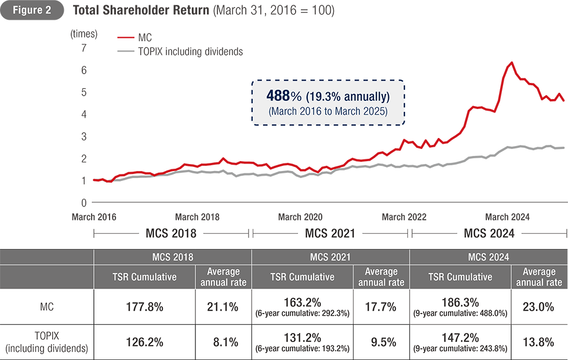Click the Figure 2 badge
(32, 11)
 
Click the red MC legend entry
(144, 39)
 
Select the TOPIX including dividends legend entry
(191, 52)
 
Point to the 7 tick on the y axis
(83, 48)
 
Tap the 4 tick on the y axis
(83, 114)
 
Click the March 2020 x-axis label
(300, 217)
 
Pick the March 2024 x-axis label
(508, 217)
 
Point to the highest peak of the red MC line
(512, 63)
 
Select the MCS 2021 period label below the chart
(331, 233)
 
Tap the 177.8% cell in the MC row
(143, 307)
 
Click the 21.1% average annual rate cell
(223, 307)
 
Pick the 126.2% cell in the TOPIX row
(143, 342)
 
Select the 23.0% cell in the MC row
(538, 307)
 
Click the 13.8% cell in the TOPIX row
(538, 342)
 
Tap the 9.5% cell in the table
(381, 342)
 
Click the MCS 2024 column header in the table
(489, 256)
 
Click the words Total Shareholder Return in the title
(141, 11)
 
